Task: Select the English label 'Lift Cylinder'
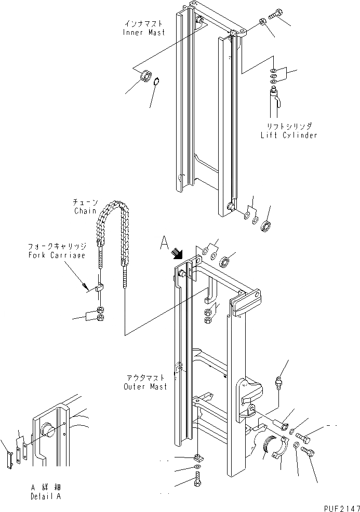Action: click(289, 135)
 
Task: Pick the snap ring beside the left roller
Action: click(158, 80)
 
